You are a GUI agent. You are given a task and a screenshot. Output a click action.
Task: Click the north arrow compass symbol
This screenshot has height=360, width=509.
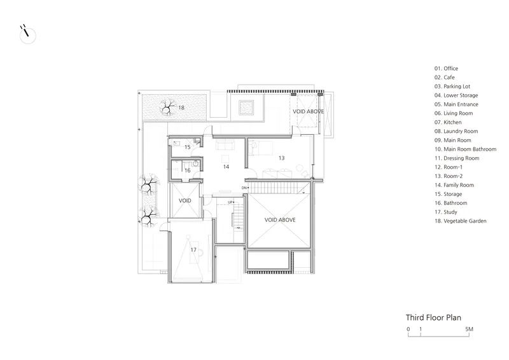[27, 34]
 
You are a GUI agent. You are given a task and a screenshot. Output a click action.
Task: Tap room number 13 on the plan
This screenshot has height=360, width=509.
[281, 158]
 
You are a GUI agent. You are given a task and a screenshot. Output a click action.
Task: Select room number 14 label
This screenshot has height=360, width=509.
[226, 167]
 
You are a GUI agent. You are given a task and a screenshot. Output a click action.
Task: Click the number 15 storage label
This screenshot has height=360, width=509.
[187, 147]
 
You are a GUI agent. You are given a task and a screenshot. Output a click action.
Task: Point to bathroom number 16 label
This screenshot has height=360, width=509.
[187, 170]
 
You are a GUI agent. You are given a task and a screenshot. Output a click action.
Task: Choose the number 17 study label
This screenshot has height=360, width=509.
[193, 249]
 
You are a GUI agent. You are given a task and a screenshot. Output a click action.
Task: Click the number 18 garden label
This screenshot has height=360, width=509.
[181, 107]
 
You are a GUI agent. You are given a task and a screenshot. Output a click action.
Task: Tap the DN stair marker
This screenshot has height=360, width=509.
[244, 188]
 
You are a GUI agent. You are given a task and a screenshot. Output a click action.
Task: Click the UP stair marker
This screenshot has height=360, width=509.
[230, 202]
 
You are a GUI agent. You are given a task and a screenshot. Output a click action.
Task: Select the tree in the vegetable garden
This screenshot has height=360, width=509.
[167, 107]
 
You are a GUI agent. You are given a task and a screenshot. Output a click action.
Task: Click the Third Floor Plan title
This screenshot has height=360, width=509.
[433, 317]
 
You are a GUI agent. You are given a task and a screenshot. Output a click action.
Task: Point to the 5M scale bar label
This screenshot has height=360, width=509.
[469, 329]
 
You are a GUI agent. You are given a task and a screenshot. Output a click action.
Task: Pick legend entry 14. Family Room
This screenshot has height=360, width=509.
[454, 185]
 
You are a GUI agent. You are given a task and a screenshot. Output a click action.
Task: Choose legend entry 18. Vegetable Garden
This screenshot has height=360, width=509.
[460, 221]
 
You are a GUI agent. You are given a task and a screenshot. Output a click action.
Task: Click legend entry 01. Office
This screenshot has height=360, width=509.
[447, 69]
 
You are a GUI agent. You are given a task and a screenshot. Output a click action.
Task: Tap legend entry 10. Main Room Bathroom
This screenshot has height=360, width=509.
[466, 149]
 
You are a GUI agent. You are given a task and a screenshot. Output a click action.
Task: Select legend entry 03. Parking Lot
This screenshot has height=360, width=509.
[452, 87]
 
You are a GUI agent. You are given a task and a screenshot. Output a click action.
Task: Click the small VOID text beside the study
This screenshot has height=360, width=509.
[185, 200]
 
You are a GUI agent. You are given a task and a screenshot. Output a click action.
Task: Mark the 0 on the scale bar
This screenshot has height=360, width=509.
[408, 329]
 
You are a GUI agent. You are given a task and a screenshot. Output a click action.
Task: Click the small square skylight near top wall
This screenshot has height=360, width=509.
[246, 107]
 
